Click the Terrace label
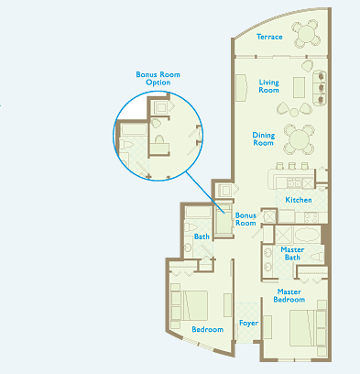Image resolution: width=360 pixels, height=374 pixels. coord(269,37)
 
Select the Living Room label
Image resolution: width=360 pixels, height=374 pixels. coord(268,86)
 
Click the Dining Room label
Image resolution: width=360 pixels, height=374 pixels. coord(264,138)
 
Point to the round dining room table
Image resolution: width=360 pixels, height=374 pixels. coord(299,139)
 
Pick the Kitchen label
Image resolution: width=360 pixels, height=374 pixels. coord(299,200)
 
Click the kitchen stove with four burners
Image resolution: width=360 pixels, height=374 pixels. coord(311,217)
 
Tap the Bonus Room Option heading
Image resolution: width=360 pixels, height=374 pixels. coord(158,78)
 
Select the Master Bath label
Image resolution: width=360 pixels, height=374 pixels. coord(292,253)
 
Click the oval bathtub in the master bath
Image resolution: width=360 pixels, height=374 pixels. coord(307,235)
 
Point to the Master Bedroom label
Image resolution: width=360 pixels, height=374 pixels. coord(289,295)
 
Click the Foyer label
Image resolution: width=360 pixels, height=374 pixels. coord(248,323)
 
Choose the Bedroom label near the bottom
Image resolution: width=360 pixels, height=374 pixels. coord(207,329)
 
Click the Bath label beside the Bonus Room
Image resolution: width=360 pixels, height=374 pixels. coord(202,236)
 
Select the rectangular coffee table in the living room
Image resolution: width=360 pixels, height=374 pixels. coord(300,87)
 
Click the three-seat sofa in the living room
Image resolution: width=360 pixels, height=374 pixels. coord(320,88)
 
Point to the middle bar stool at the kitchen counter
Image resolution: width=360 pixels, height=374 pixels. coord(292,166)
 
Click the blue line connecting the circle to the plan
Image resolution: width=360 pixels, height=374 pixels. coord(205,192)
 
